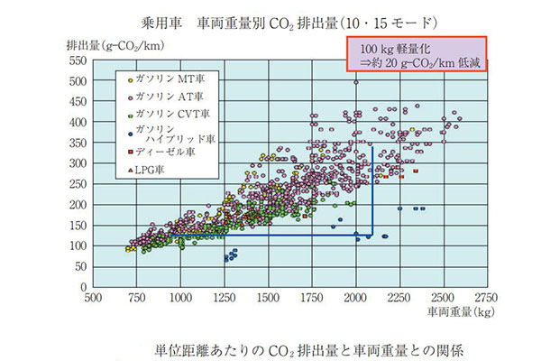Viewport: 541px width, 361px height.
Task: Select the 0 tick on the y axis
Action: (81, 286)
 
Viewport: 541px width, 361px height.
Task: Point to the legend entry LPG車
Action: (153, 169)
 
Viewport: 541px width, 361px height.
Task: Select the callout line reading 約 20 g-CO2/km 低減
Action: (417, 61)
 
